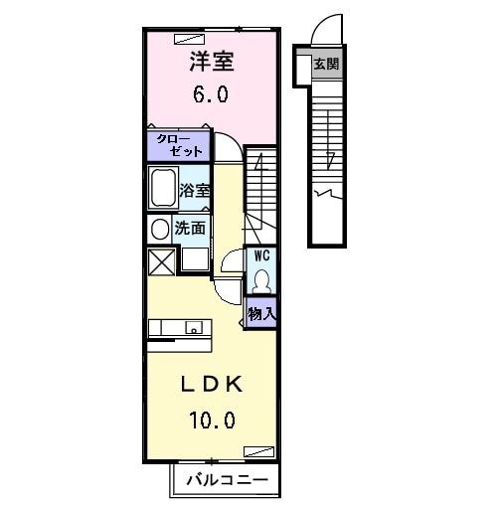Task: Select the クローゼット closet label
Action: [x=180, y=145]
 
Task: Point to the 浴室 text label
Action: [x=195, y=189]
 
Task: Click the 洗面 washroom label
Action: [x=191, y=228]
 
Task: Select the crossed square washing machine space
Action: [x=160, y=261]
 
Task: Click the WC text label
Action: [x=262, y=254]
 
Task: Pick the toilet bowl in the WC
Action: [x=262, y=278]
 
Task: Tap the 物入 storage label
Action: [x=262, y=313]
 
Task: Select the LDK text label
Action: [x=210, y=385]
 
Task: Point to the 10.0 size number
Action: [x=210, y=421]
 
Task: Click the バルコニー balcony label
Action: [x=226, y=480]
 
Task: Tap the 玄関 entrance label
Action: [x=326, y=65]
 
